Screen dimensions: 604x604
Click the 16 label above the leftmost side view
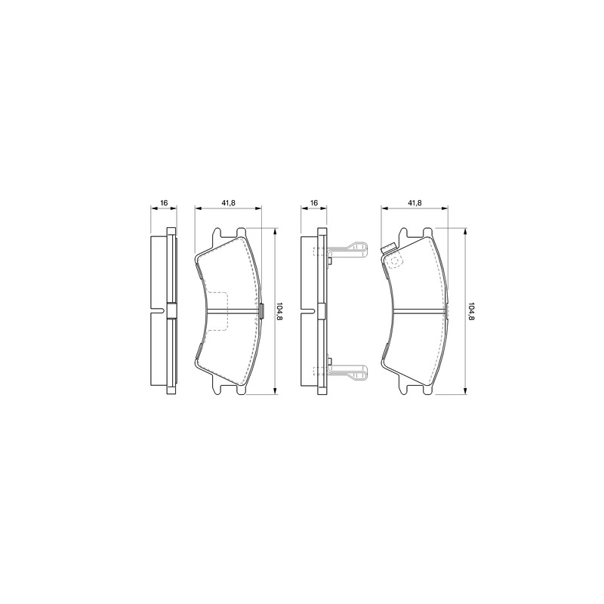click(164, 202)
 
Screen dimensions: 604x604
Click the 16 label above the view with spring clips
click(314, 202)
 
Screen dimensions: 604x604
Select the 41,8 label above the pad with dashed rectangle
click(228, 202)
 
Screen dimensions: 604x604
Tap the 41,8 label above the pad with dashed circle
click(414, 202)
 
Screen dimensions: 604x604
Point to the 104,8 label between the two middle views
click(279, 311)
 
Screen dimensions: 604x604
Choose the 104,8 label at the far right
click(471, 311)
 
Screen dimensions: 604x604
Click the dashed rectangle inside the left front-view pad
click(217, 310)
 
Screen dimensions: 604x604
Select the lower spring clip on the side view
click(347, 371)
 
